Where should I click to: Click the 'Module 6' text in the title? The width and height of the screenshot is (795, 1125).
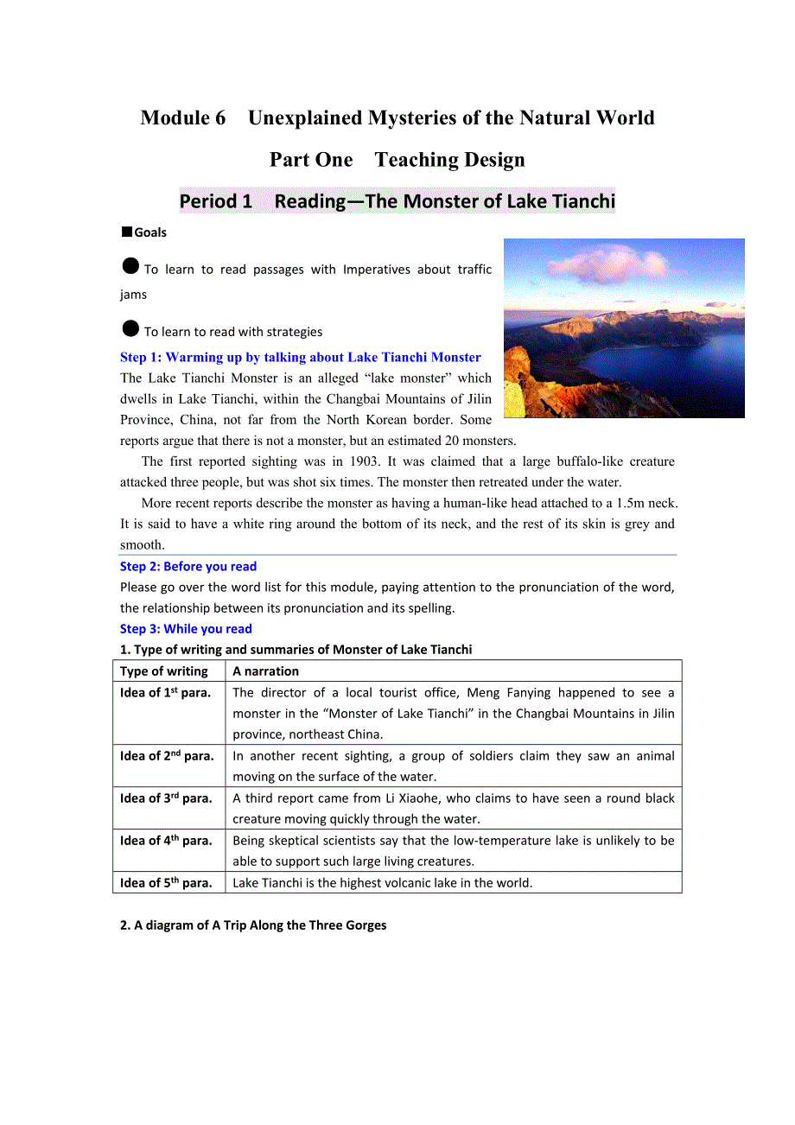point(182,118)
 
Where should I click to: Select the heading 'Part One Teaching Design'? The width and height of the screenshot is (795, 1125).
point(397,160)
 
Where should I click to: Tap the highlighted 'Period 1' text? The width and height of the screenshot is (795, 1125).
point(215,201)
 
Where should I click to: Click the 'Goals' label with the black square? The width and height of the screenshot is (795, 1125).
point(144,232)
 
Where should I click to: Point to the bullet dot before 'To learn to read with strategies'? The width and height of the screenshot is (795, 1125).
point(130,329)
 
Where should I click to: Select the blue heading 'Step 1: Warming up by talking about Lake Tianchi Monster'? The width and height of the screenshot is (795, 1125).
point(300,357)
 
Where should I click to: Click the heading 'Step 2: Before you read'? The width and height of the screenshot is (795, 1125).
point(188,567)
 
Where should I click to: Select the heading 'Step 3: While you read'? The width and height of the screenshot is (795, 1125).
point(186,629)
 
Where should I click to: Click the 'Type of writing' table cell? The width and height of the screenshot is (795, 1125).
point(164,671)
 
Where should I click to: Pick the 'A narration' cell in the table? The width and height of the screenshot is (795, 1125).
point(265,671)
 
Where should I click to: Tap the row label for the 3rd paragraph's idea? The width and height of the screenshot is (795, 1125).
point(166,798)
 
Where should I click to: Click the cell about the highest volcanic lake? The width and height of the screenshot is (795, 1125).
point(382,882)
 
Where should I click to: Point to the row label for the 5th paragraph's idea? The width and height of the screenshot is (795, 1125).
point(166,882)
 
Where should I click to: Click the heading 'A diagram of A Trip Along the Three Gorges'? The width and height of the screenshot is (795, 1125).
point(253,925)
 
